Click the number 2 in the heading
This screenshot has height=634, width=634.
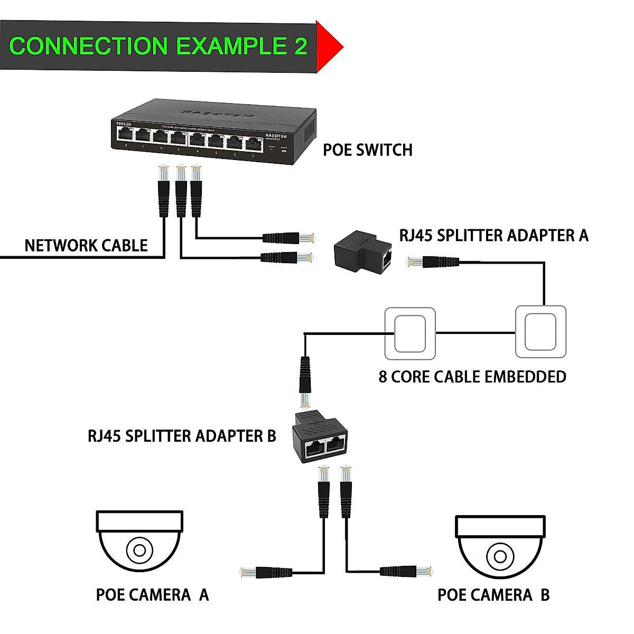[x=300, y=46]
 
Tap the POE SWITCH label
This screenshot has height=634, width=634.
[x=368, y=150]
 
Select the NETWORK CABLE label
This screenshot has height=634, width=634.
[x=86, y=246]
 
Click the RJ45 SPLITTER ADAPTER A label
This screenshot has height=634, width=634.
[x=493, y=235]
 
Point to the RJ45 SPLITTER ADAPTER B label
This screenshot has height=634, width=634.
[x=182, y=436]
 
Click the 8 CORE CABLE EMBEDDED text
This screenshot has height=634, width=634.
[x=472, y=377]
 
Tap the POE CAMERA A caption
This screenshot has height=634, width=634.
[x=152, y=595]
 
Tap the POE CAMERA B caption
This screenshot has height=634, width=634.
[x=493, y=595]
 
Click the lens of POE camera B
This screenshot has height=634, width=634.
[x=500, y=556]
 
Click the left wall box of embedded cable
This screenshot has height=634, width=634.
[x=410, y=333]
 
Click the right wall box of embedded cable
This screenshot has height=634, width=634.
[x=540, y=332]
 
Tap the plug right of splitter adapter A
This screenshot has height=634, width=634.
[x=432, y=261]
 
